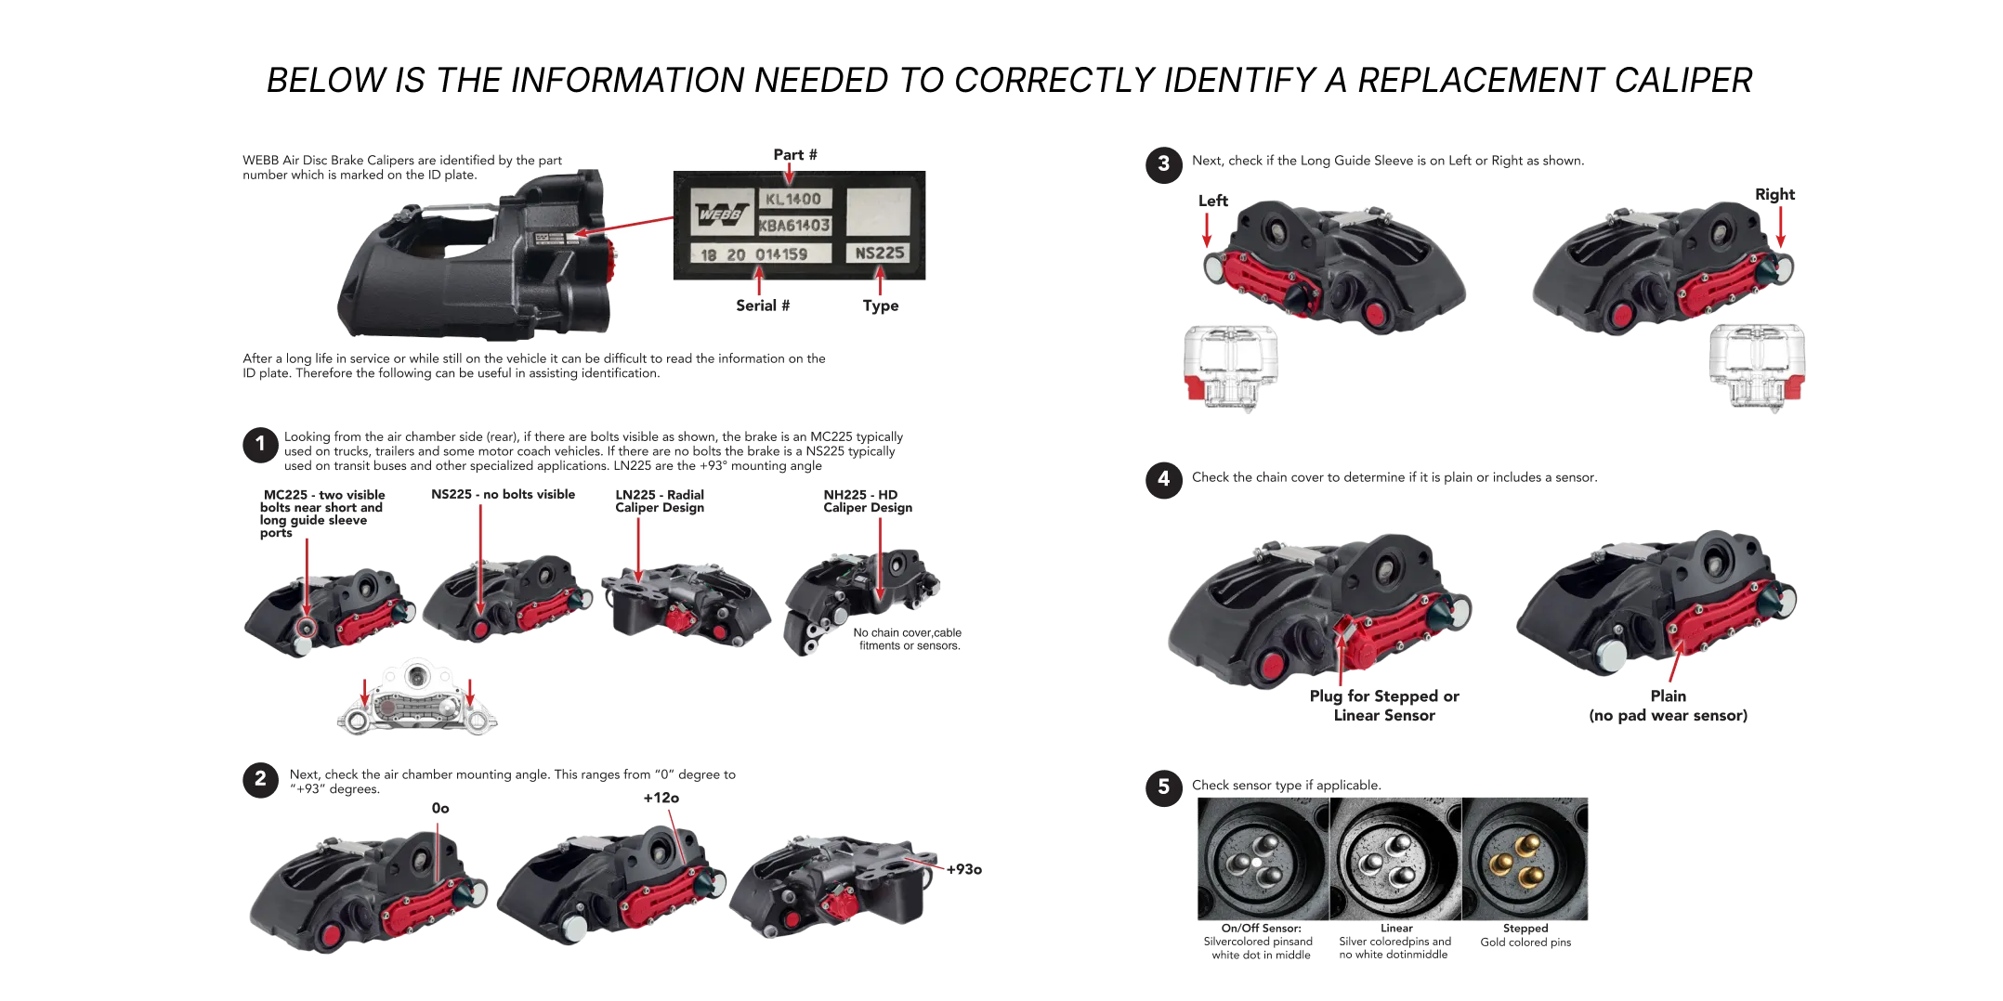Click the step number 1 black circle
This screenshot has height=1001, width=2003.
coord(260,444)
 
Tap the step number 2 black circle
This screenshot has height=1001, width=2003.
coord(260,780)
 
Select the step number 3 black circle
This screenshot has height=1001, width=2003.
coord(1163,164)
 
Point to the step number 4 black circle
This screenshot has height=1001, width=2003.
coord(1163,480)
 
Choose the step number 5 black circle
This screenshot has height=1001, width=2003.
coord(1163,787)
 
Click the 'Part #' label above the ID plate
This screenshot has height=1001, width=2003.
coord(795,155)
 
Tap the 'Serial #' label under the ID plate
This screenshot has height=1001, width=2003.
coord(763,305)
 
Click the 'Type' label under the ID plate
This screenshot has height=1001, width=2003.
coord(881,306)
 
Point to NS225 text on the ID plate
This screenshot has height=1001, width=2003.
coord(879,253)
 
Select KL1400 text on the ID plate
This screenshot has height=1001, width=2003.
coord(793,199)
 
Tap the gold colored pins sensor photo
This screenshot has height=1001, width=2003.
coord(1525,859)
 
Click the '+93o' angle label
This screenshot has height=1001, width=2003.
coord(964,869)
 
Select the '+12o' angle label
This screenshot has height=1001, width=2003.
coord(661,798)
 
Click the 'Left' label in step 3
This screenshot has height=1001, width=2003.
coord(1213,201)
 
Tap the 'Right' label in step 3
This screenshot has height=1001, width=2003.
coord(1774,195)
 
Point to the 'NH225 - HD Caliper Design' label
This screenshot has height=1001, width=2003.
coord(868,501)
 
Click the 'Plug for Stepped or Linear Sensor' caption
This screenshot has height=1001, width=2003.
coord(1384,706)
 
